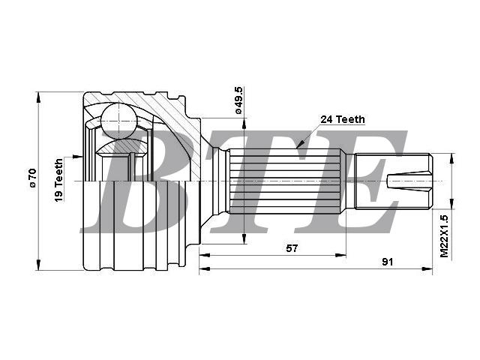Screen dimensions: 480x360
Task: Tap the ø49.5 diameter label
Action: pyautogui.click(x=238, y=100)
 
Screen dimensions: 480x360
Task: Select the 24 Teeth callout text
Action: pyautogui.click(x=343, y=119)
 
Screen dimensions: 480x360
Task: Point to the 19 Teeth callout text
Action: pyautogui.click(x=58, y=180)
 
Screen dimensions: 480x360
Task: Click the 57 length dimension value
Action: pyautogui.click(x=292, y=248)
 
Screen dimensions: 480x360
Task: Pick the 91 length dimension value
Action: pyautogui.click(x=387, y=262)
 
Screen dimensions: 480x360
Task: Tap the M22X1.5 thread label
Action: pyautogui.click(x=444, y=236)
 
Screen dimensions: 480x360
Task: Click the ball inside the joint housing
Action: pyautogui.click(x=118, y=121)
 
